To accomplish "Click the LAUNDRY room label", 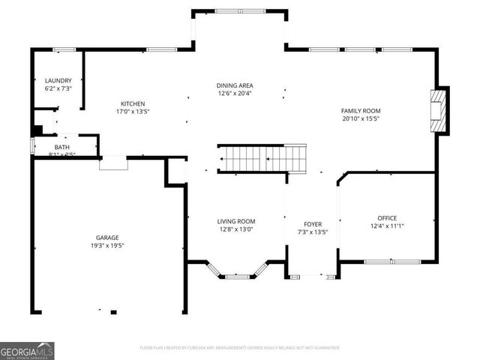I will coord(58,80).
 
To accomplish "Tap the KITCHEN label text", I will coord(133,103).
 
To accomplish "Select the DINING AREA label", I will coord(235,85).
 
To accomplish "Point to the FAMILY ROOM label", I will coord(361,110).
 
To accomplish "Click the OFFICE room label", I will coord(387,218).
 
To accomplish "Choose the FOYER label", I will coord(312,224).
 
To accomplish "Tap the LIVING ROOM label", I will coord(236,221).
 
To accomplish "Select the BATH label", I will coord(61,147).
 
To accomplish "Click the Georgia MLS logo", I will coord(27,350).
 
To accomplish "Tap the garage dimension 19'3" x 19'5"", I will coord(107,245).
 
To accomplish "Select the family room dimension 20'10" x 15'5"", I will coord(361,118).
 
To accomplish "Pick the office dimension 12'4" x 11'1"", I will coord(387,226).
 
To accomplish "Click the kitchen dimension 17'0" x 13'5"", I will coord(133,112).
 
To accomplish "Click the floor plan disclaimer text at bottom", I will coord(240,348).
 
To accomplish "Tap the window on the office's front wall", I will coord(392,262).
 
